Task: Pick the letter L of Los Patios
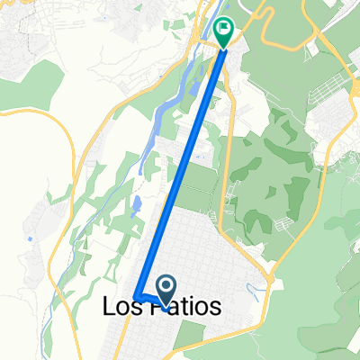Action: click(x=101, y=307)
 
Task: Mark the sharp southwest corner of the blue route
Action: click(x=136, y=296)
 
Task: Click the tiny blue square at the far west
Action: click(x=30, y=238)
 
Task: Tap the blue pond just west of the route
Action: click(x=136, y=206)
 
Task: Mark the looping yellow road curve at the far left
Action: click(x=67, y=153)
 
